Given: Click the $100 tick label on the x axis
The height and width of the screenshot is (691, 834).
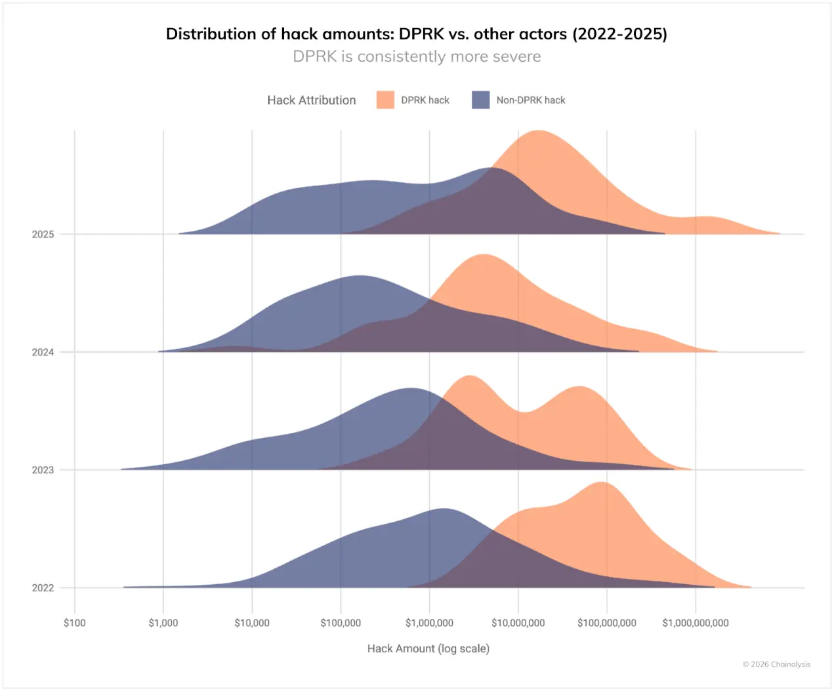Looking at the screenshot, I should (74, 623).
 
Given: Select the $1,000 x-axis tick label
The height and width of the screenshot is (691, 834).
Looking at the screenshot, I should (163, 623).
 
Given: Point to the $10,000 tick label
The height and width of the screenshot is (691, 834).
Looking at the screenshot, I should (252, 623).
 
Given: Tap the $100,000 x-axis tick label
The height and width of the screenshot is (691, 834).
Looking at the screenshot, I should (341, 623).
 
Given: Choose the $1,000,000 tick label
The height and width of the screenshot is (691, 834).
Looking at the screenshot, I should (429, 623).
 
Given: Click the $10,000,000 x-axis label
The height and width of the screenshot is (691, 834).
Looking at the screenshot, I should (518, 623).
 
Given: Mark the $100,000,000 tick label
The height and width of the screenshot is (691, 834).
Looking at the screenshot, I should (607, 623).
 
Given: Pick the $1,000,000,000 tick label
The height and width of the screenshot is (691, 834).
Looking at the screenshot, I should (696, 623).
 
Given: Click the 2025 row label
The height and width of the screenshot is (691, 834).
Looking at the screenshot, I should (43, 234).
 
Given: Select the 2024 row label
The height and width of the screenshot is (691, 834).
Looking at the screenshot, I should (43, 352).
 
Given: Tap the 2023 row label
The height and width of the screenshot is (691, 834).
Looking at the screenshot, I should (43, 470).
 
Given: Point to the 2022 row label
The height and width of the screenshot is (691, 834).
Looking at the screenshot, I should (43, 588).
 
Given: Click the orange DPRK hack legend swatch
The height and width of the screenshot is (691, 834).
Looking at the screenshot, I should (385, 100).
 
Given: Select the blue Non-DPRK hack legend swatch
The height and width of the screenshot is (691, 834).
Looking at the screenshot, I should (481, 100).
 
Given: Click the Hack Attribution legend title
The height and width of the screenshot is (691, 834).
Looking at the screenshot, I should (312, 100).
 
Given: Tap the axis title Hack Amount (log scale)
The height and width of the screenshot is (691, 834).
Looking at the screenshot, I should (428, 648).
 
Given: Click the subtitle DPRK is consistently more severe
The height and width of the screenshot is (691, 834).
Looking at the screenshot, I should (417, 56).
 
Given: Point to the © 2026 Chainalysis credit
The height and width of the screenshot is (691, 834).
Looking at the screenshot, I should (776, 664).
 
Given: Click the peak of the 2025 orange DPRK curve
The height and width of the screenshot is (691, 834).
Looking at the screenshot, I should (538, 131).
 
